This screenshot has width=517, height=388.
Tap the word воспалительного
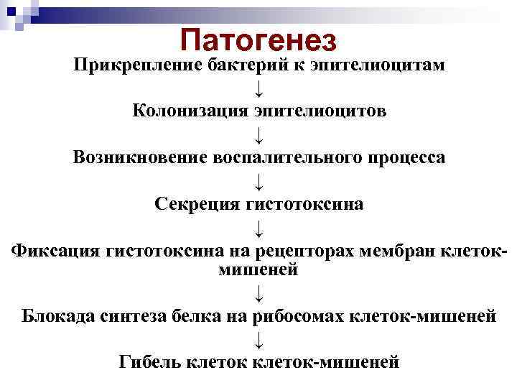coord(281,157)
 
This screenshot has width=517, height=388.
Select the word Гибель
coord(150,362)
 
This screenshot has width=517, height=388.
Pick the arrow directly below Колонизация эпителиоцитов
coord(258,134)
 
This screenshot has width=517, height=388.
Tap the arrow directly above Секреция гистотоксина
coord(258,181)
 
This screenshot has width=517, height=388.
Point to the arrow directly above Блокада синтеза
coord(258,292)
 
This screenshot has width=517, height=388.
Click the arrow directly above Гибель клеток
coord(258,339)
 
